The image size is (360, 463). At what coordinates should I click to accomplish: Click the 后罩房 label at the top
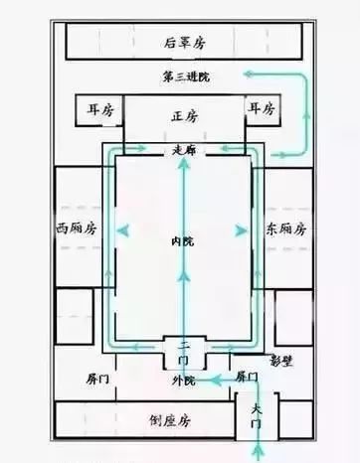pos(185,43)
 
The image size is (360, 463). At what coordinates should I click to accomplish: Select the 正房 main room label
pos(185,116)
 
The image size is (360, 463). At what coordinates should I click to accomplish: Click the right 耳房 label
pos(263,107)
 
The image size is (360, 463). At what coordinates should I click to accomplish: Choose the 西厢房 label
pos(76,229)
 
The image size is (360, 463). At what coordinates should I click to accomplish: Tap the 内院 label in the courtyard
pos(182,241)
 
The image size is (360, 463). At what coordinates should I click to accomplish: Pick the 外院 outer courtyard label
pos(184,381)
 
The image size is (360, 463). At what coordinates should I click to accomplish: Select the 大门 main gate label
pos(257,418)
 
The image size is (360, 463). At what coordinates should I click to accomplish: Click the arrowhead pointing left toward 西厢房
pos(123,230)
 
